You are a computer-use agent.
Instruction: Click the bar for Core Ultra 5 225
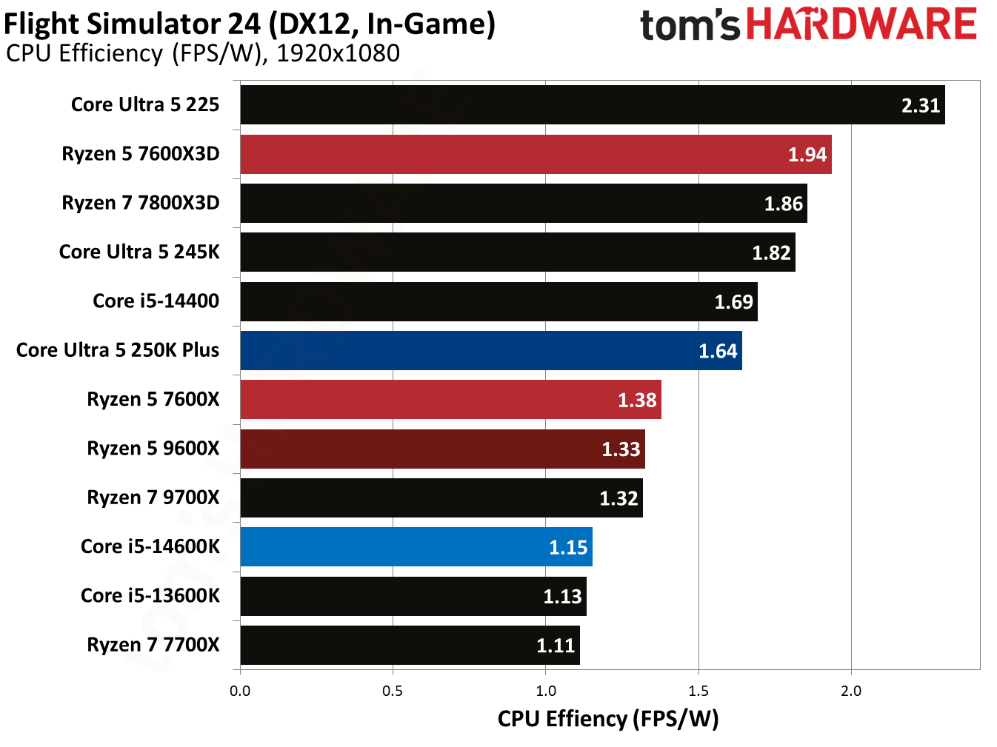tap(593, 105)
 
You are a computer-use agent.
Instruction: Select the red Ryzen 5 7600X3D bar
tap(536, 154)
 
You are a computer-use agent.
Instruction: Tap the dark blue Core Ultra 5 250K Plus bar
tap(490, 350)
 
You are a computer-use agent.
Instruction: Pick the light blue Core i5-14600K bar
tap(416, 547)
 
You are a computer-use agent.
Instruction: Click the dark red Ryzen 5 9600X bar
tap(442, 449)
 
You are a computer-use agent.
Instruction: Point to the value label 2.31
tap(920, 106)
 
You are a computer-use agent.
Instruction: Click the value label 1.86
tap(783, 204)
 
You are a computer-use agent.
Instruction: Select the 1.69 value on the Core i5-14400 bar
tap(733, 302)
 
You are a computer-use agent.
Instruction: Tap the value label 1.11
tap(556, 646)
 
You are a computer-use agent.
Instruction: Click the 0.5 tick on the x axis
tap(393, 691)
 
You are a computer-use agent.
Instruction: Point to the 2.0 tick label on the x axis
tap(851, 691)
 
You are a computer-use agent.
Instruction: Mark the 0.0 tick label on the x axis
tap(240, 691)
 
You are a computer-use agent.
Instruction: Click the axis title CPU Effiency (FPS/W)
tap(607, 719)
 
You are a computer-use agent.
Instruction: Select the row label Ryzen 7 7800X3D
tap(141, 203)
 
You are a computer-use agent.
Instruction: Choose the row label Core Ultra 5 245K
tap(139, 252)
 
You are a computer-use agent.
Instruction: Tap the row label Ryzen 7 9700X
tap(153, 498)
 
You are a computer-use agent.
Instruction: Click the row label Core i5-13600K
tap(150, 595)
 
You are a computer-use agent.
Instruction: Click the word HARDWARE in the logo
tap(861, 25)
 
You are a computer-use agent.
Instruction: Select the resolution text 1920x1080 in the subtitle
tap(338, 53)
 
